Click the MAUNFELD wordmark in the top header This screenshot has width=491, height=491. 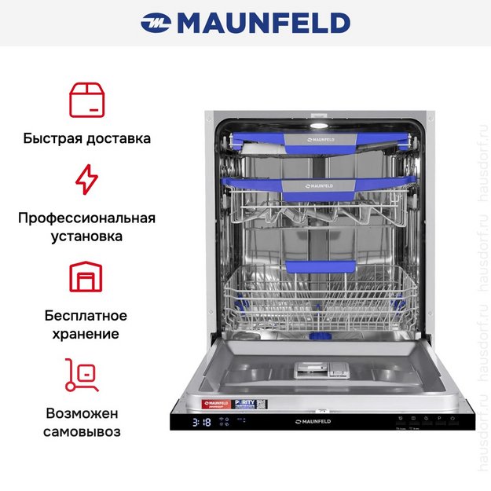[263, 23]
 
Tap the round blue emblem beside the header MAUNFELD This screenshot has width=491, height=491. [156, 24]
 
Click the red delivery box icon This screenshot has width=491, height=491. [86, 99]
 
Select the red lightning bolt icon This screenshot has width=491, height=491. [86, 179]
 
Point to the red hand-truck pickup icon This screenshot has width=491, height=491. [82, 375]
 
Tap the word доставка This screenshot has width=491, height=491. [119, 138]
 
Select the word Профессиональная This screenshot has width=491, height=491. [86, 218]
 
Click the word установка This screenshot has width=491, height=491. [86, 236]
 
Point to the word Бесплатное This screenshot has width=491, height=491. [86, 316]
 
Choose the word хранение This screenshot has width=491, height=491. [86, 334]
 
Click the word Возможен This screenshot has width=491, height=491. [82, 413]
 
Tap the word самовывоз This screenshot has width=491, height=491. [82, 431]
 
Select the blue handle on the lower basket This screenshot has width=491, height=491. [313, 267]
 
